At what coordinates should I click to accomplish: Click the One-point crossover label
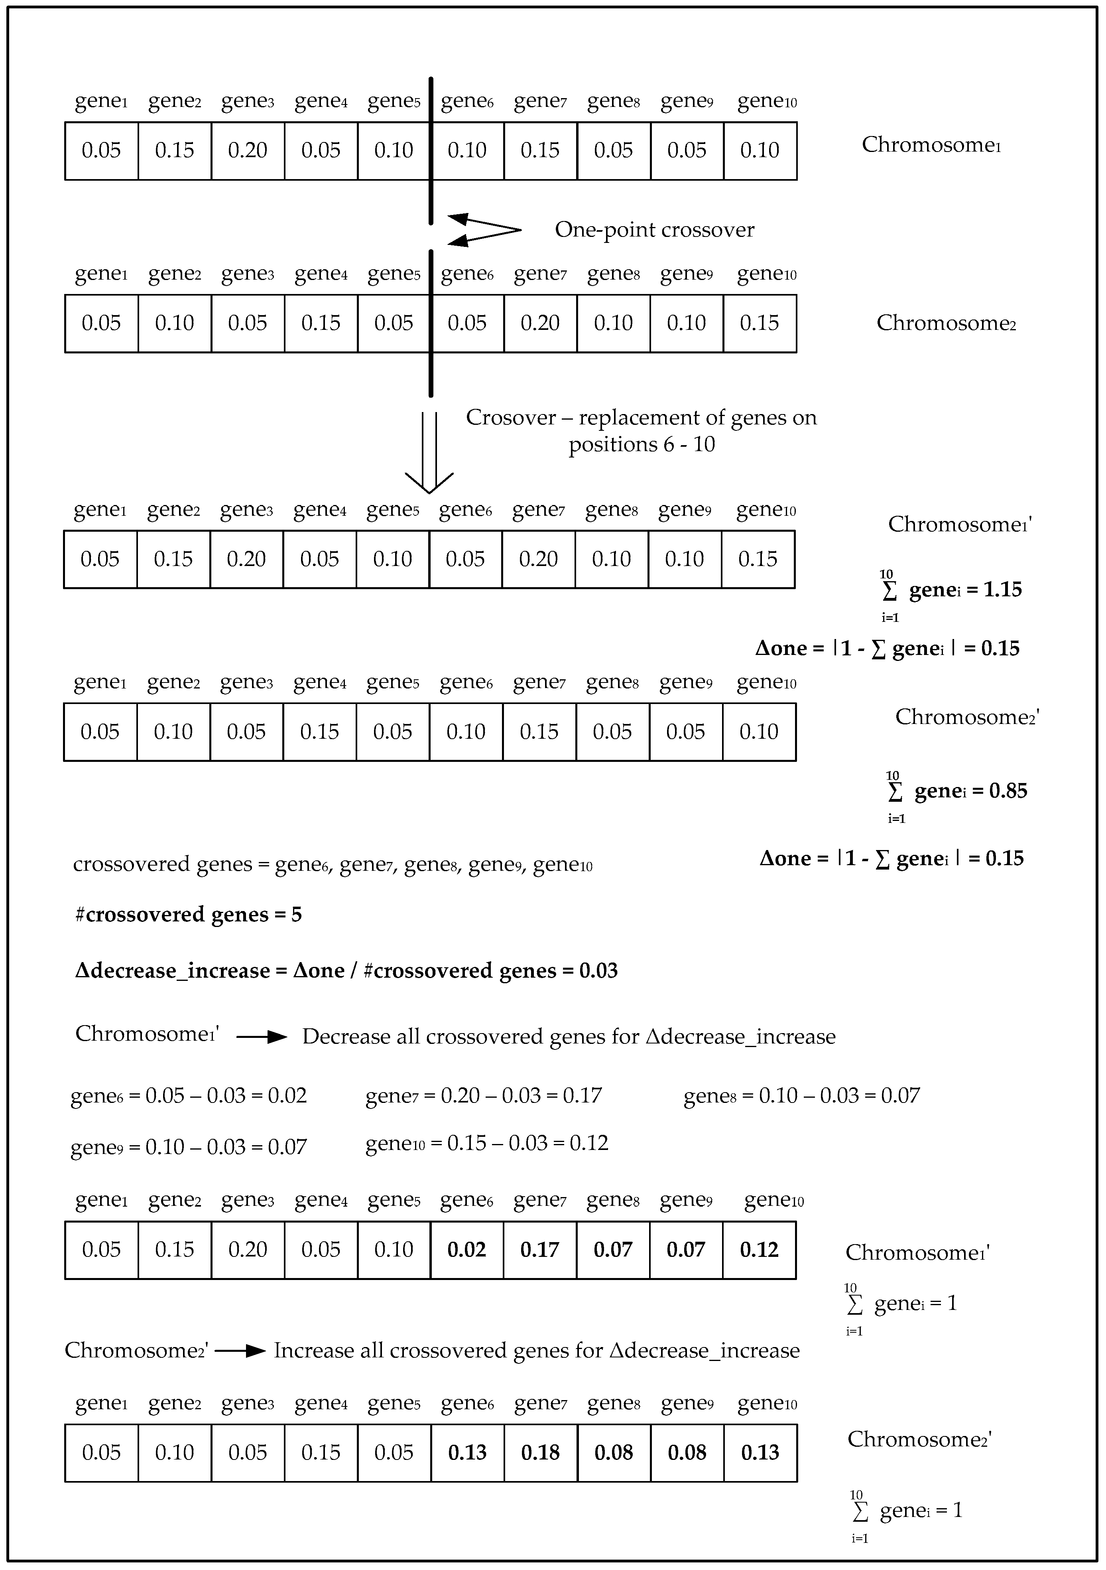[x=654, y=230]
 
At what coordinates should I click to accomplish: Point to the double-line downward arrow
[x=429, y=451]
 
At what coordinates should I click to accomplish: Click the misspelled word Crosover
[x=511, y=418]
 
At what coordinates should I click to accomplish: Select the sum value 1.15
[x=1002, y=590]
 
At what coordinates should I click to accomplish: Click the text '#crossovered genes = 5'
[x=188, y=915]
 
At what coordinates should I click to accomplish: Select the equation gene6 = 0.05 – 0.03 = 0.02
[x=189, y=1096]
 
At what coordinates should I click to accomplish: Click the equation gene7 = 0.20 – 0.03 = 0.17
[x=483, y=1096]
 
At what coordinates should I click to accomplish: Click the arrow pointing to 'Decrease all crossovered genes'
[x=262, y=1037]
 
